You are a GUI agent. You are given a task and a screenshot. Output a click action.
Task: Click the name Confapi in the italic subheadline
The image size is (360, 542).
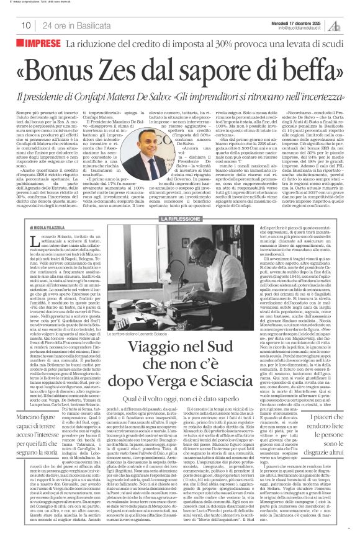[142, 98]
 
